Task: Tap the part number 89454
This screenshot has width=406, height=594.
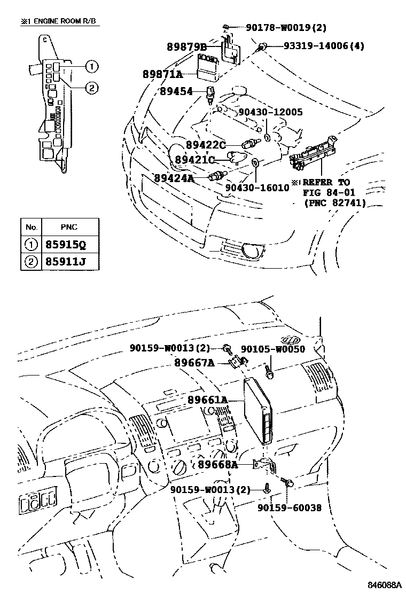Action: pos(176,92)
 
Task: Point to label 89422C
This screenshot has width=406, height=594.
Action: pos(206,145)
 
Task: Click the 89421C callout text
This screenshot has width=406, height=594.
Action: pos(195,160)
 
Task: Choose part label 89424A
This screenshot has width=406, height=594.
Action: pos(174,177)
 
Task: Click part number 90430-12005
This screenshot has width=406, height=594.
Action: pos(270,112)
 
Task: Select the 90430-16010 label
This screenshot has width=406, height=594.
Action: pos(257,188)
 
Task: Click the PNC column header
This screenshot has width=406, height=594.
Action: pos(69,227)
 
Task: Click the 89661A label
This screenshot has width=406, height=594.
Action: pos(208,400)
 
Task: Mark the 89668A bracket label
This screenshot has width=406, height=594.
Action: pos(217,465)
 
